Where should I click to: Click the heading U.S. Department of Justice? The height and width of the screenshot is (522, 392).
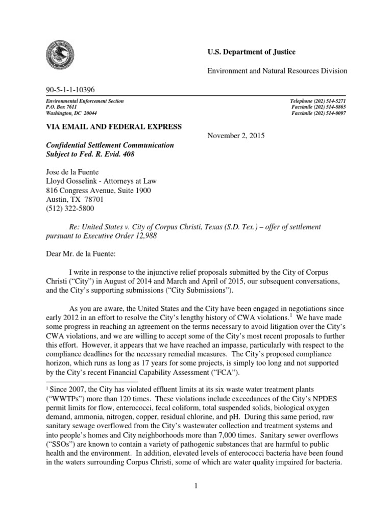251,52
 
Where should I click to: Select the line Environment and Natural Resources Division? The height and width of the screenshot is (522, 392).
277,71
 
